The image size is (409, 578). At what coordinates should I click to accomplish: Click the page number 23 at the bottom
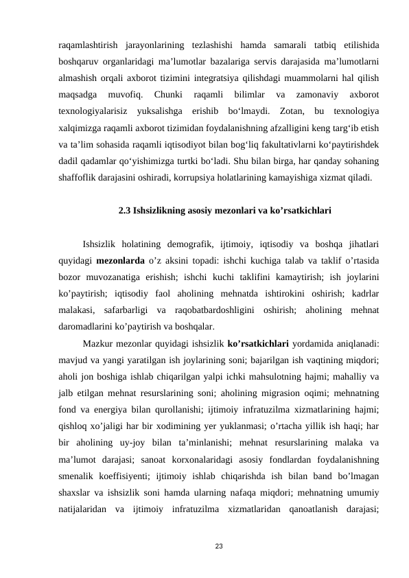218,546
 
